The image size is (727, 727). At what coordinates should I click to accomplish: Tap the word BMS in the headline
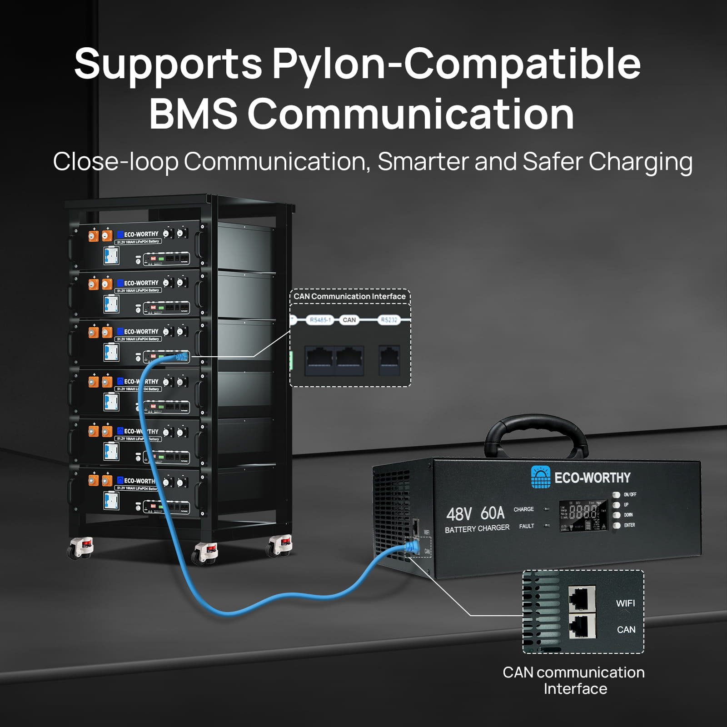coord(193,114)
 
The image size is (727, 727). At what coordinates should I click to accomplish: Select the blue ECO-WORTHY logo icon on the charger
coord(540,477)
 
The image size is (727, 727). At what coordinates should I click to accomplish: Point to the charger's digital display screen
coord(583,515)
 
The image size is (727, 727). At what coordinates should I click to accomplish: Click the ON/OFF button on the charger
coord(617,495)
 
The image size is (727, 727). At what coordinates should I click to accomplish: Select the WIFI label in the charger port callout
coord(625,603)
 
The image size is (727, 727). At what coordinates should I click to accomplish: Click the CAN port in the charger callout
coord(582,626)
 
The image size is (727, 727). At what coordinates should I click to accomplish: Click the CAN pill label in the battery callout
coord(349,320)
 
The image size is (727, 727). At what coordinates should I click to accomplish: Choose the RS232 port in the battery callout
coord(389,359)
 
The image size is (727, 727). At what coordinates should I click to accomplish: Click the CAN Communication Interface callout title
coord(349,296)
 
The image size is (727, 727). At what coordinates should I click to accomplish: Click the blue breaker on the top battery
coord(111,255)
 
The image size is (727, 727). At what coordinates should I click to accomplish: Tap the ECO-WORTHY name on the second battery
coord(141,283)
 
